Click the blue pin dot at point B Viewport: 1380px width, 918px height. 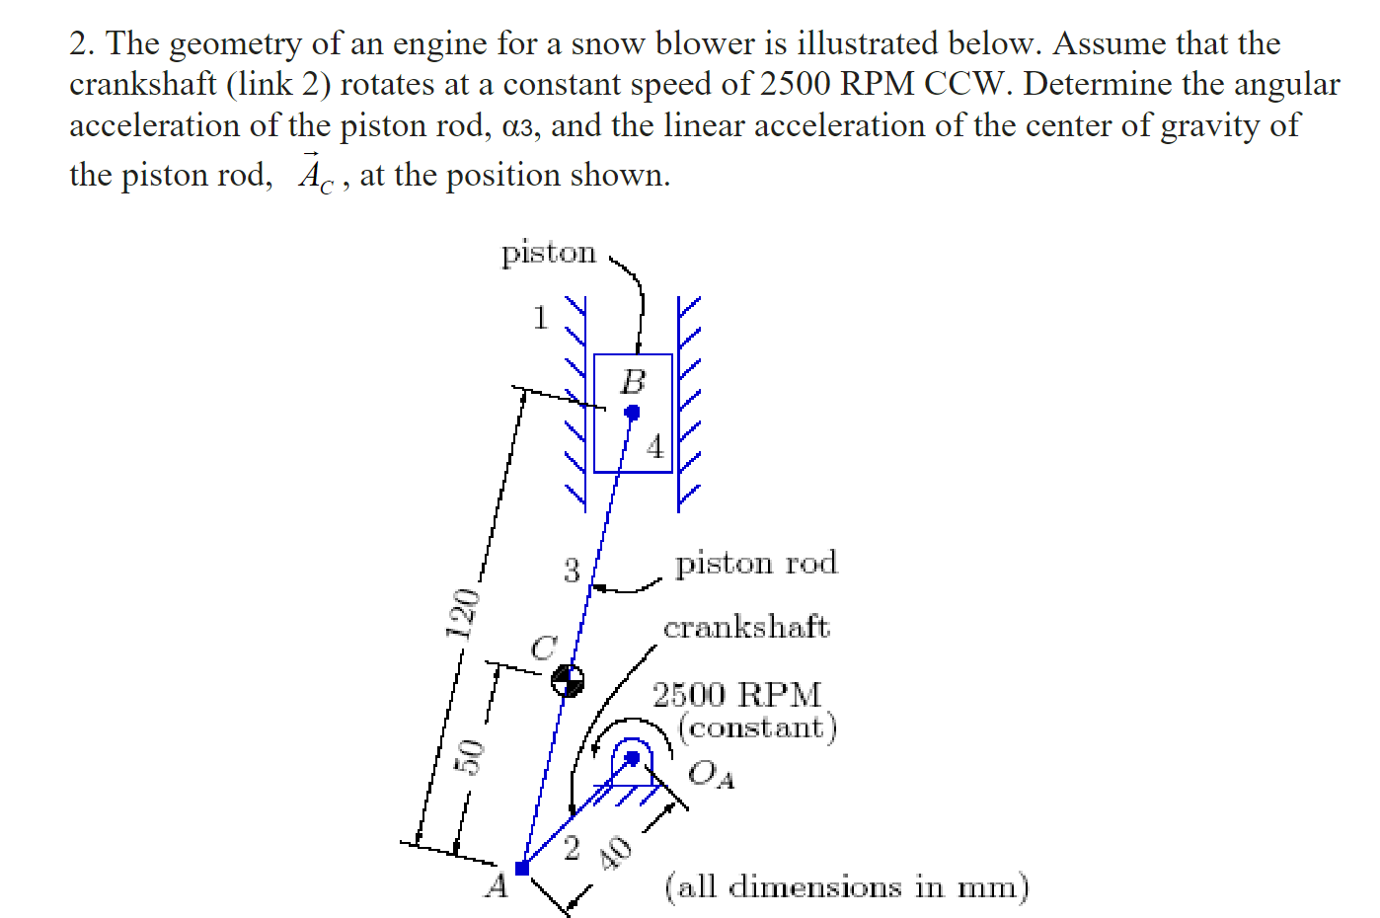(633, 412)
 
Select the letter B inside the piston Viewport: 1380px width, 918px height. (633, 381)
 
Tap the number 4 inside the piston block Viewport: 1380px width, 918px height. (655, 447)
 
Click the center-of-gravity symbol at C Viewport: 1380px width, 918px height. (567, 679)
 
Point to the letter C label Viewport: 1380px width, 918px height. (544, 648)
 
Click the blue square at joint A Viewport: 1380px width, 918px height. (522, 869)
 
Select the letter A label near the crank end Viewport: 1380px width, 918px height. (497, 885)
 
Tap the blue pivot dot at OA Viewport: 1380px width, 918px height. (633, 758)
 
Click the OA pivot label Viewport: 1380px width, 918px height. (710, 773)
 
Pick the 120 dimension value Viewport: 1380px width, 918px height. (461, 613)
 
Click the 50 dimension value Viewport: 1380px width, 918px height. (473, 757)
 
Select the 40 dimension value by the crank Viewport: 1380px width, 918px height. (616, 852)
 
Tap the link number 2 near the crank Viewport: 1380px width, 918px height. (572, 848)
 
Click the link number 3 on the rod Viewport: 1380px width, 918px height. (572, 570)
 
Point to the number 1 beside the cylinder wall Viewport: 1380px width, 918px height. (540, 318)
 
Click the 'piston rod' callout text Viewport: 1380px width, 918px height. (756, 564)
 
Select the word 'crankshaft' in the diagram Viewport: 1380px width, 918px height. (746, 627)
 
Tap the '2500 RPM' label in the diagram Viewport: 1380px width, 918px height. (736, 694)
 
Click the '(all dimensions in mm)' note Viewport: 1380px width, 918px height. (847, 885)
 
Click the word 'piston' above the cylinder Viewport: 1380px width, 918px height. (549, 253)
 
